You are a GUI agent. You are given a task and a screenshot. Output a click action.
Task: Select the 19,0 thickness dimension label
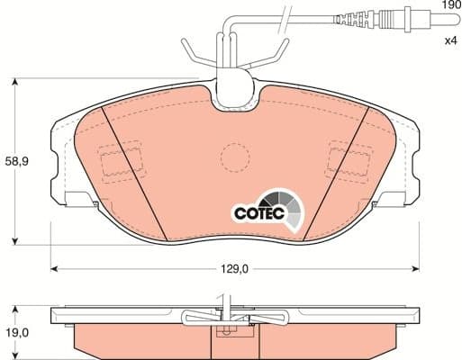17,332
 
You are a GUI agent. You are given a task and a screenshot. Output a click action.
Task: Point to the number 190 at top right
450,6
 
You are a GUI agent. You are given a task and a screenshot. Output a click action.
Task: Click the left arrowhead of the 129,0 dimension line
55,266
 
